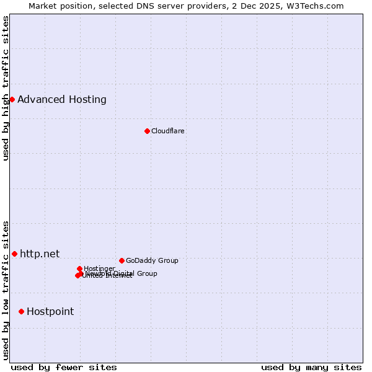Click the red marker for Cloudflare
pos(147,131)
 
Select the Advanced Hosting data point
pos(12,99)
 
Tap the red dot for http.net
pos(14,254)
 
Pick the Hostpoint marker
pos(21,311)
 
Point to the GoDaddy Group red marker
pos(122,260)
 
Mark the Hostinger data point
pos(79,268)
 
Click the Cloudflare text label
pos(167,131)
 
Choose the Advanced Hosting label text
pos(61,99)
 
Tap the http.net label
pos(40,254)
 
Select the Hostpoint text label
pos(50,311)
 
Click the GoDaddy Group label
pos(151,260)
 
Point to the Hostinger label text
pos(99,268)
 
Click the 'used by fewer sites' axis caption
pos(64,367)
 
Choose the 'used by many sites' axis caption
pos(311,367)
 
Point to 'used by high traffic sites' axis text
pos(6,88)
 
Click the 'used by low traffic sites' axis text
pos(6,290)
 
